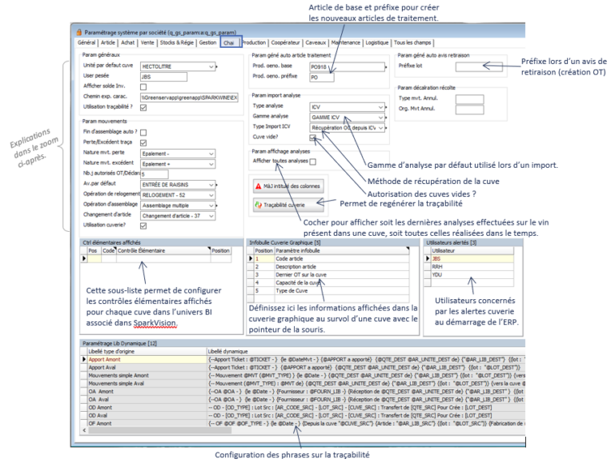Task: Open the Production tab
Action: click(254, 42)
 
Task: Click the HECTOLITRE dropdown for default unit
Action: click(178, 67)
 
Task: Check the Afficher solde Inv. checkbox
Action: click(143, 86)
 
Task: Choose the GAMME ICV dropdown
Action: click(344, 117)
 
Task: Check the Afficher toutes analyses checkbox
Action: click(313, 161)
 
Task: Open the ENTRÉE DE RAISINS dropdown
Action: click(178, 183)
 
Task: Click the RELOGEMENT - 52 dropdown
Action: click(178, 194)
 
